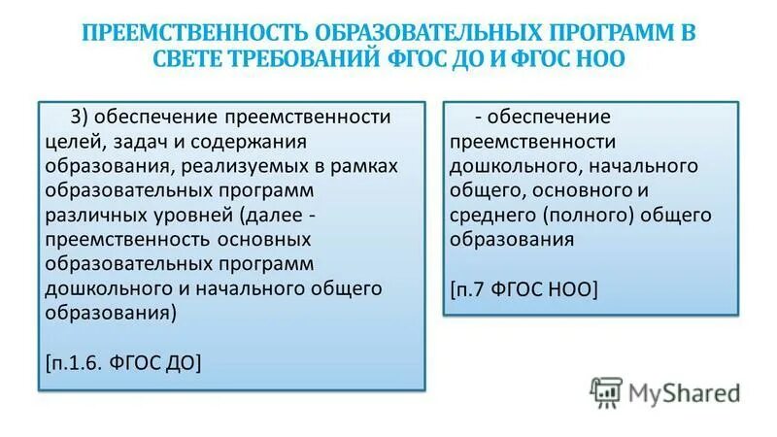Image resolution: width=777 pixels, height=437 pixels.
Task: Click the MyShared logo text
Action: [x=683, y=392]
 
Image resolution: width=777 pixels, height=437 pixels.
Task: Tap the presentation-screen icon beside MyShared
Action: [x=605, y=391]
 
